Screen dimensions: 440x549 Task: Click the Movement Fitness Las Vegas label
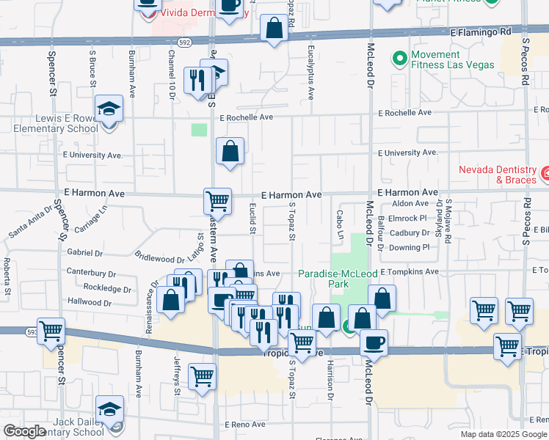pyautogui.click(x=452, y=59)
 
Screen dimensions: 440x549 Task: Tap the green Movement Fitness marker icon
pyautogui.click(x=399, y=56)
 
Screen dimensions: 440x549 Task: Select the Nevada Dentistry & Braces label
pyautogui.click(x=498, y=174)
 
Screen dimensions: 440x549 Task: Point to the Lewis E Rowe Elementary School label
pyautogui.click(x=56, y=123)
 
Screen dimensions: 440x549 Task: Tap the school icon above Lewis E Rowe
pyautogui.click(x=109, y=110)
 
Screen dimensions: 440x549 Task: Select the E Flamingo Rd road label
pyautogui.click(x=480, y=32)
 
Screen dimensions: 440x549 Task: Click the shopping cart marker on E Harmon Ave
pyautogui.click(x=217, y=200)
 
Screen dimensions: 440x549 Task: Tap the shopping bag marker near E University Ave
pyautogui.click(x=230, y=152)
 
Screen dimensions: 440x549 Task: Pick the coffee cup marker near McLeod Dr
pyautogui.click(x=374, y=342)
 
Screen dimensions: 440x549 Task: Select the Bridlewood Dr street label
pyautogui.click(x=160, y=257)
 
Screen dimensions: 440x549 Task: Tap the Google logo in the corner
pyautogui.click(x=24, y=431)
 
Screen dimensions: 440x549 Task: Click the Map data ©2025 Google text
pyautogui.click(x=503, y=434)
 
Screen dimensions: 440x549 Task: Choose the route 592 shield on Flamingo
pyautogui.click(x=183, y=43)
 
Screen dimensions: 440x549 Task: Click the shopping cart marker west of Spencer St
pyautogui.click(x=51, y=331)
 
